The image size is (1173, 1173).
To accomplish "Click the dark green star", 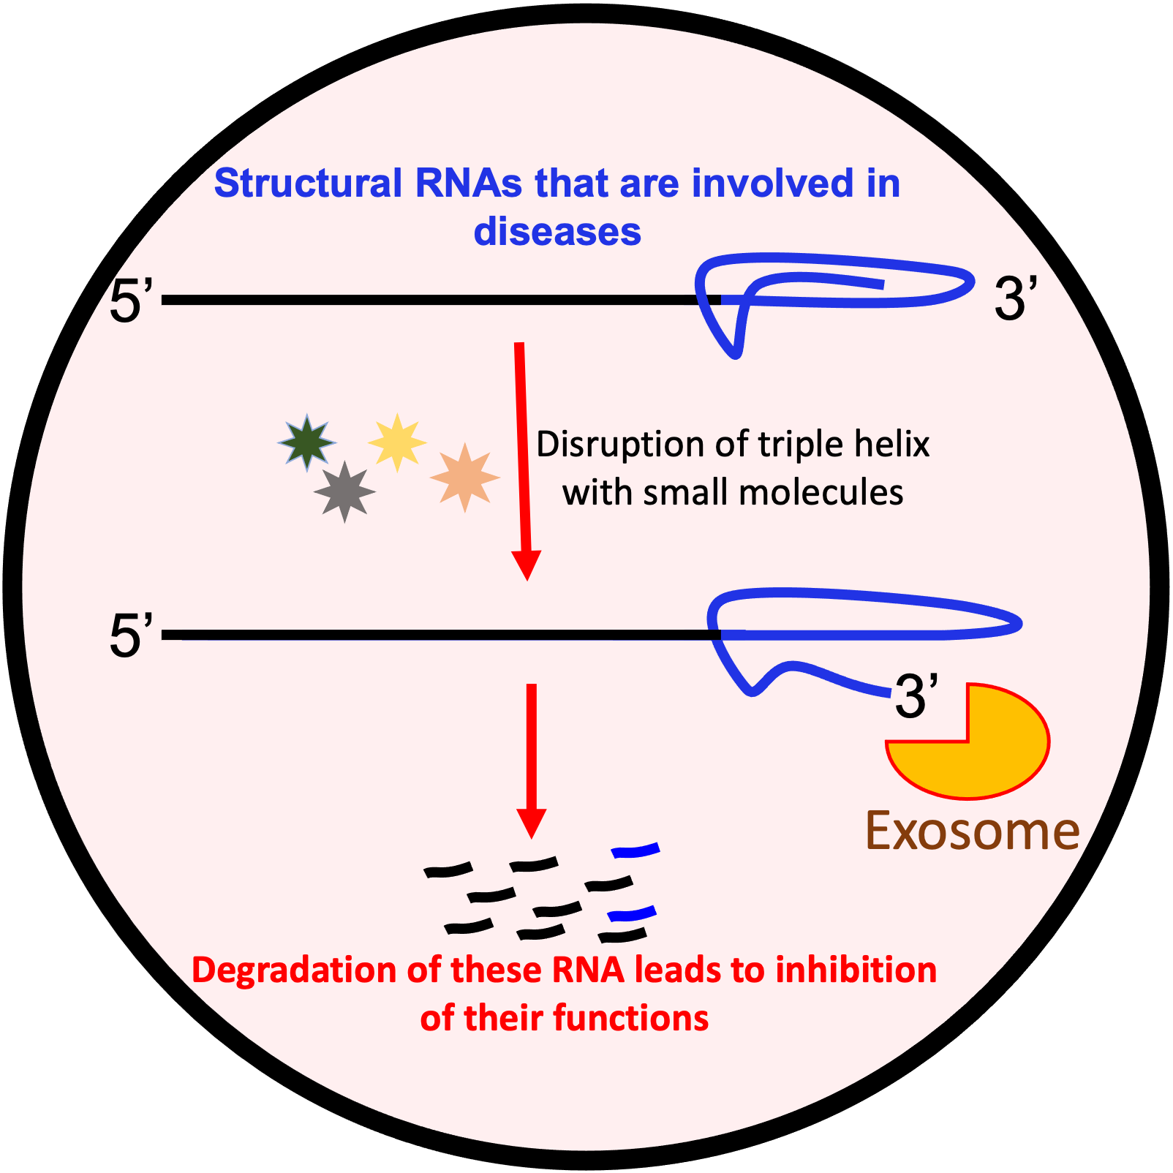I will point(307,442).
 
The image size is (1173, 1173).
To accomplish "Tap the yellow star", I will point(396,442).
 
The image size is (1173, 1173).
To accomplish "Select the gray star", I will point(344,491).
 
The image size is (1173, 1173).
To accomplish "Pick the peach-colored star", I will point(464,477).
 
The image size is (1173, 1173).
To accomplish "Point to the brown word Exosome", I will point(972,831).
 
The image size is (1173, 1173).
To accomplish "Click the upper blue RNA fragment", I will point(635,850).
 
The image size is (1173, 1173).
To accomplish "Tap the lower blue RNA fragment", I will point(633,913).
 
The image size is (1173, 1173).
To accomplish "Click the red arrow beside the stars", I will point(523,461).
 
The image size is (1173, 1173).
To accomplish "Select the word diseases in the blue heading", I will point(557,232).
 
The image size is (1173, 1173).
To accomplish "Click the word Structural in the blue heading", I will point(308,183).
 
